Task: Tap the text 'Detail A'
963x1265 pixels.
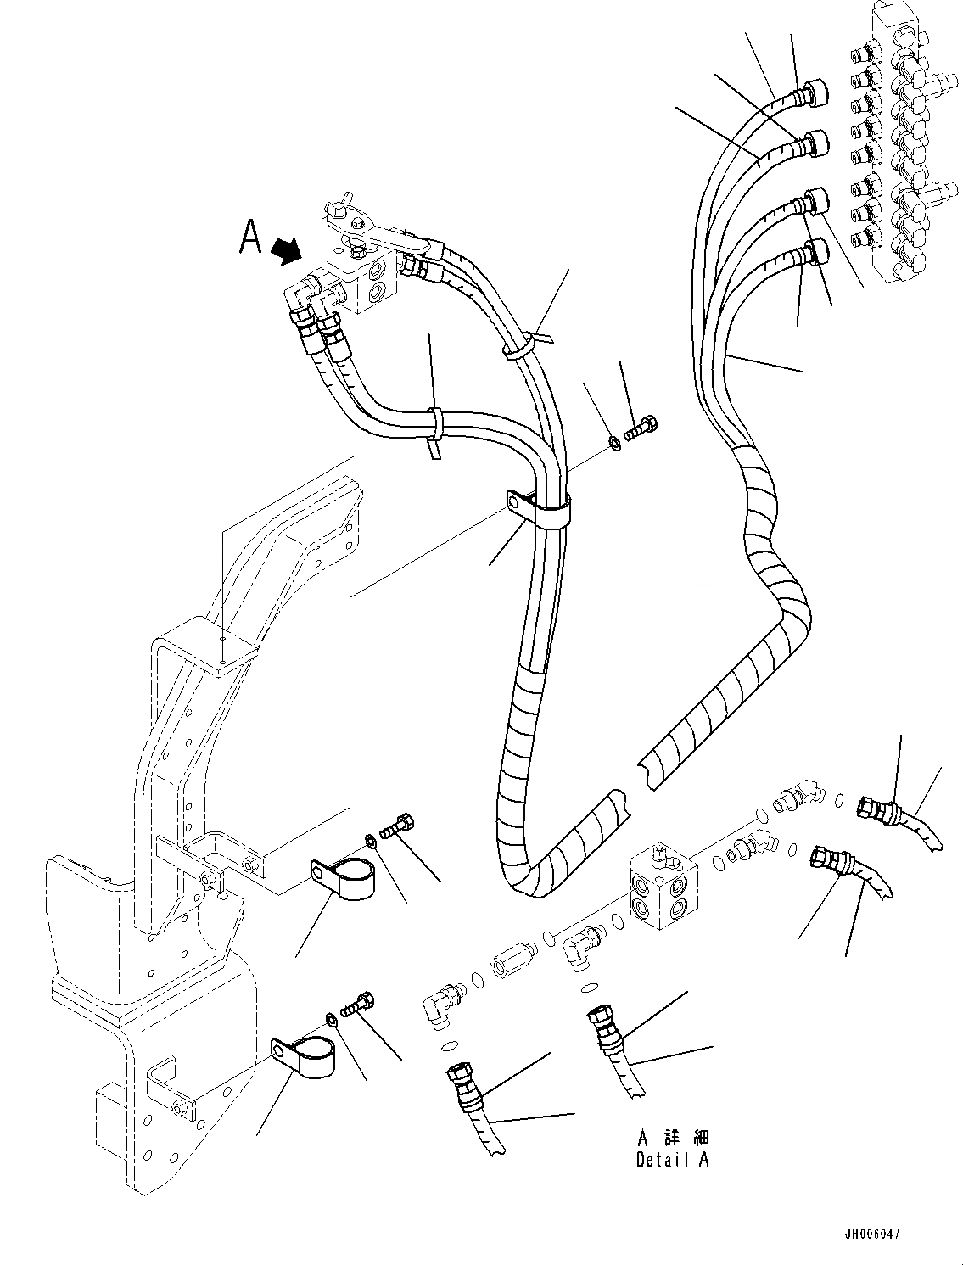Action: [672, 1160]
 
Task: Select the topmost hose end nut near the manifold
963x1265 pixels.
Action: [818, 92]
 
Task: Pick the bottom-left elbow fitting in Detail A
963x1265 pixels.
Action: [438, 1007]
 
